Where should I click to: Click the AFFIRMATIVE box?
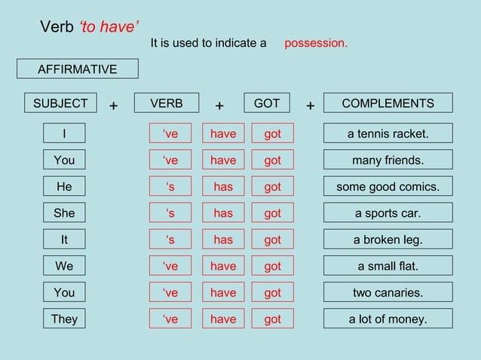pos(78,69)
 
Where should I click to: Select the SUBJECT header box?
pos(60,103)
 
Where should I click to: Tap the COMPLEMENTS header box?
pos(388,103)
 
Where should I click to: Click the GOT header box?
pos(267,103)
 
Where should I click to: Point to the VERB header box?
pos(166,103)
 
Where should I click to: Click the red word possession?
pos(316,43)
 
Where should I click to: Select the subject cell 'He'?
pos(64,187)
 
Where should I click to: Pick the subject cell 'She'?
pos(64,213)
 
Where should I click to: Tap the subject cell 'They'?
pos(64,319)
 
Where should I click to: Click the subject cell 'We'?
pos(64,266)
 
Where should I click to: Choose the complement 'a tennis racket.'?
pos(388,134)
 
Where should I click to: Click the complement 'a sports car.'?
pos(388,213)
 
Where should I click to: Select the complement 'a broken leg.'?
pos(388,239)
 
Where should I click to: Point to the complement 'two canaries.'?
pos(388,292)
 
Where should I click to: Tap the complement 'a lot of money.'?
pos(388,319)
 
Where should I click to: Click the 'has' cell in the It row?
pos(223,239)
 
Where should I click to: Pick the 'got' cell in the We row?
pos(272,266)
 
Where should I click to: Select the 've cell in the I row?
pos(170,134)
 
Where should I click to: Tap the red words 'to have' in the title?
pos(108,28)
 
